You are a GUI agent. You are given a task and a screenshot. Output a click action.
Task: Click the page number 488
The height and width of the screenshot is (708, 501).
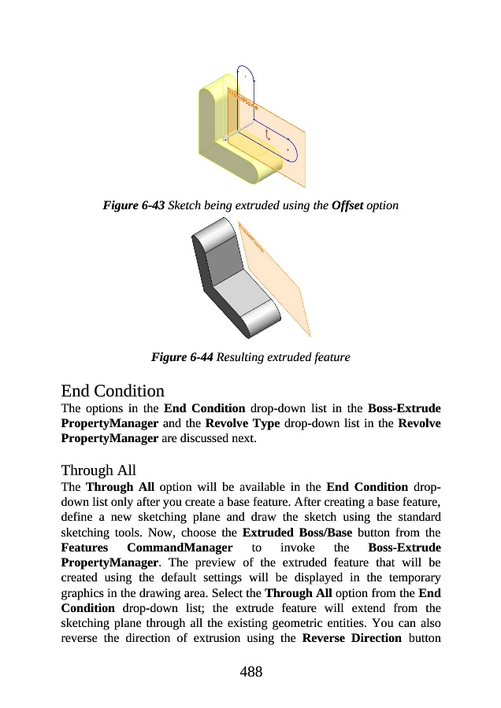[250, 671]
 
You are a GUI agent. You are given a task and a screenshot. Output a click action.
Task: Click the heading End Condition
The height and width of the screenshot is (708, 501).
[113, 390]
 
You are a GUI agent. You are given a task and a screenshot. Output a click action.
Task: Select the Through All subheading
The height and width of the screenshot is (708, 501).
[98, 470]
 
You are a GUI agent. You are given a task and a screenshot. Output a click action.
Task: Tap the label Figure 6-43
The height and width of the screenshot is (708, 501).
[133, 205]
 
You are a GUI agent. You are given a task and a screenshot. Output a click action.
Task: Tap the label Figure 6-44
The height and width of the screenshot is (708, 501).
[181, 357]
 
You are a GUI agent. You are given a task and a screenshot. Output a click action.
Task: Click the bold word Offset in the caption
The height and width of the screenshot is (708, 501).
[347, 205]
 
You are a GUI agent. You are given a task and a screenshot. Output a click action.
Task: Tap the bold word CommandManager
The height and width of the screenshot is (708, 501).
[180, 547]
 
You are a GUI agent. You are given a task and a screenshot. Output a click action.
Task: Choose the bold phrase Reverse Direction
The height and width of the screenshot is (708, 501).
[351, 636]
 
